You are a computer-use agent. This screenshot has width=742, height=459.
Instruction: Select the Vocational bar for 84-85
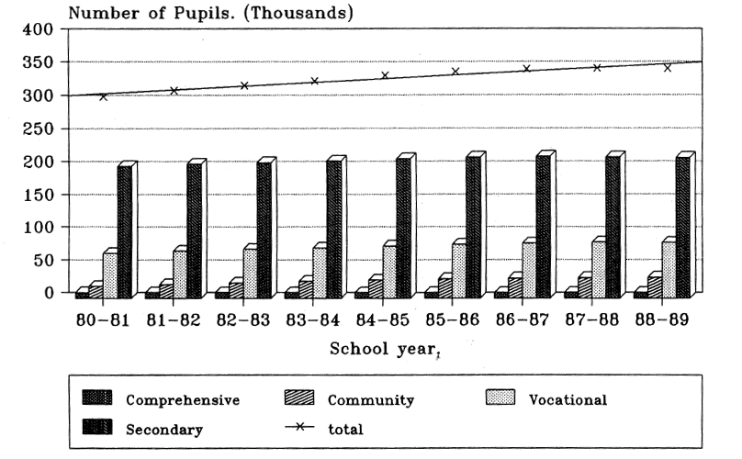tap(389, 273)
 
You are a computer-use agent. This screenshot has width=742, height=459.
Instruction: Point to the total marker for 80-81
tap(103, 96)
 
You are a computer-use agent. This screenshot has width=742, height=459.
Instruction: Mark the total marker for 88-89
tap(668, 67)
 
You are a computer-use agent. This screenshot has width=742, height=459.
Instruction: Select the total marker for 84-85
tap(385, 75)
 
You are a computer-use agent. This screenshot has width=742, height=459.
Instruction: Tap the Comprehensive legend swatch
tap(96, 398)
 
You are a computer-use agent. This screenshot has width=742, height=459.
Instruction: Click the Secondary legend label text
tap(164, 428)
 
